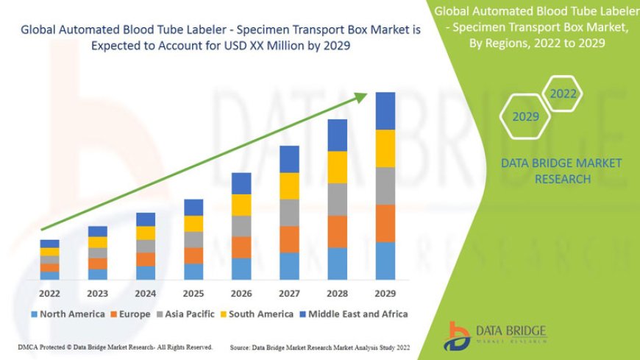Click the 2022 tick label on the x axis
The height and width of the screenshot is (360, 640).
click(x=49, y=292)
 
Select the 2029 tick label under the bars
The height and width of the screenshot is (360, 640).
click(x=385, y=292)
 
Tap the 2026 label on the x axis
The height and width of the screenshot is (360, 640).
click(x=241, y=292)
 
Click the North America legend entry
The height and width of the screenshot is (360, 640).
click(x=68, y=314)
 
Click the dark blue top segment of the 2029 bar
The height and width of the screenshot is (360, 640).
click(x=385, y=110)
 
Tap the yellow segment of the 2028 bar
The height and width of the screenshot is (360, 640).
click(x=338, y=167)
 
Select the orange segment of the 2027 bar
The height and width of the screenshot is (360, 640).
click(x=289, y=239)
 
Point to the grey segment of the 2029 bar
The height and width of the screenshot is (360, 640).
click(x=385, y=186)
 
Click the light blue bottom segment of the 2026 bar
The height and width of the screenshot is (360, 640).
click(x=241, y=269)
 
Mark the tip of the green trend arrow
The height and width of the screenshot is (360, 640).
click(x=366, y=93)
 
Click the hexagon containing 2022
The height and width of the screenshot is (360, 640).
click(x=563, y=94)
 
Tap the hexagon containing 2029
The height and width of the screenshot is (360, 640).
click(x=525, y=116)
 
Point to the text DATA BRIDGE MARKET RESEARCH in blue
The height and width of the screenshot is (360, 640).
click(x=561, y=171)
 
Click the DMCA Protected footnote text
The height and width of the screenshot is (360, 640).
click(x=115, y=346)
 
